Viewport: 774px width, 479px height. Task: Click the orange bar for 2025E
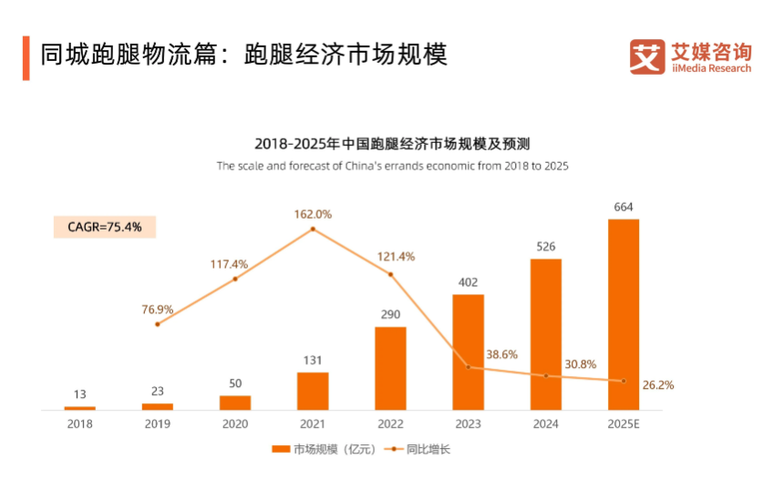click(623, 314)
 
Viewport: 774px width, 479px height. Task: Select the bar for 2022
click(390, 368)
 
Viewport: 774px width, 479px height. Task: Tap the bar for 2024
click(545, 334)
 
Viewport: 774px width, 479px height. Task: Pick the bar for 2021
click(313, 391)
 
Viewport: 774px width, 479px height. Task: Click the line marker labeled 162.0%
click(313, 229)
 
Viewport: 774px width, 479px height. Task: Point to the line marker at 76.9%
click(158, 324)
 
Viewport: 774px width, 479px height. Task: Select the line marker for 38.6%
click(468, 367)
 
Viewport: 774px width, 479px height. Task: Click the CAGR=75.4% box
click(104, 227)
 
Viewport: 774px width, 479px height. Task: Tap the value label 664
click(623, 208)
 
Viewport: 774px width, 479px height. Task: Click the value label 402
click(468, 282)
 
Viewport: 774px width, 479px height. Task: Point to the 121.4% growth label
click(395, 257)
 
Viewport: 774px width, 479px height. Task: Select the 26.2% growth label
click(656, 385)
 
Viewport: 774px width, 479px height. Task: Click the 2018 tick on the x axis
click(80, 423)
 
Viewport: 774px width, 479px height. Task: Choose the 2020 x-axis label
click(235, 423)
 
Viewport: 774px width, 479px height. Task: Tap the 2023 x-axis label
click(468, 423)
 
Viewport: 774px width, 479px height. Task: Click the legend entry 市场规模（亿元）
click(325, 449)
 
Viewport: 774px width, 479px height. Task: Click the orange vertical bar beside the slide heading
click(26, 57)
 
